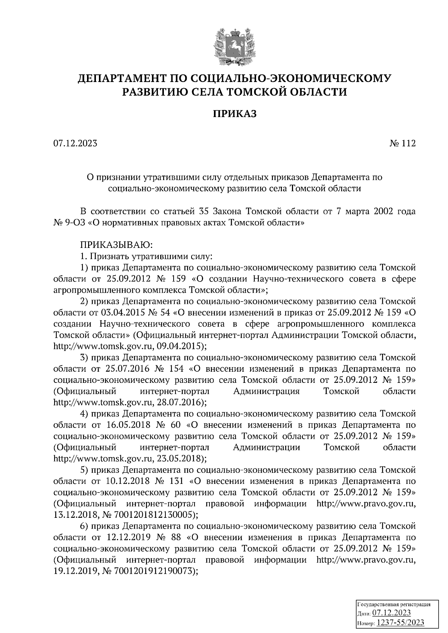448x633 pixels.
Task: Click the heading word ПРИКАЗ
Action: coord(235,114)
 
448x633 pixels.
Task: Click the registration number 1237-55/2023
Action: coord(400,623)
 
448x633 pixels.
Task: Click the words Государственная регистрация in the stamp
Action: coord(394,604)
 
